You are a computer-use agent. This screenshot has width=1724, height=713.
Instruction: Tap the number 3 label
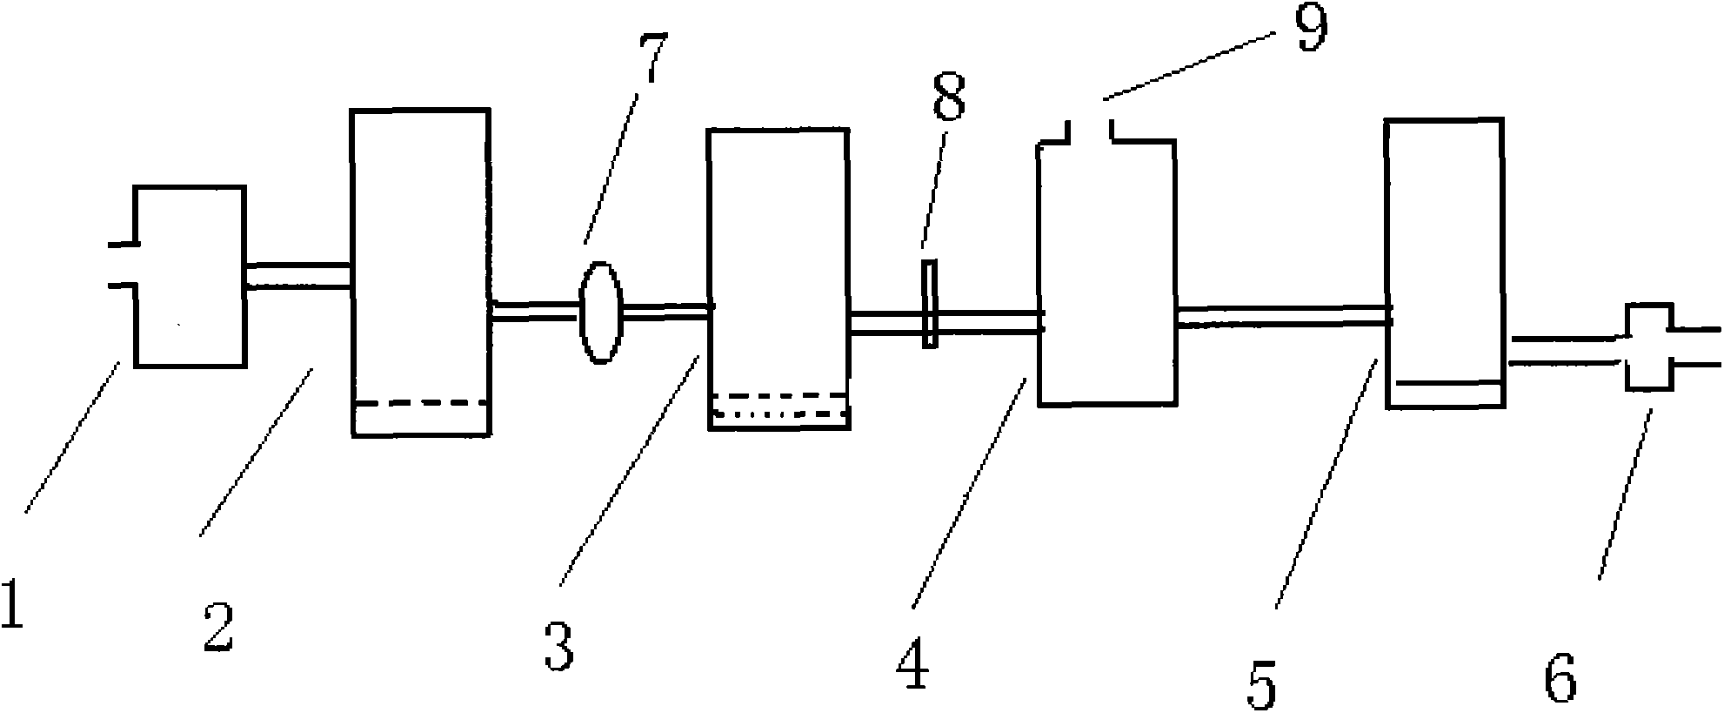tap(559, 642)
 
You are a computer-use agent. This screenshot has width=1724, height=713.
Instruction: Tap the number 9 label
tap(1310, 28)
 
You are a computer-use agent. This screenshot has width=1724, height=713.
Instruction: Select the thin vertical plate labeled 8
tap(930, 304)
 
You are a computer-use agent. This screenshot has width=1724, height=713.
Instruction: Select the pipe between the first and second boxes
tap(297, 276)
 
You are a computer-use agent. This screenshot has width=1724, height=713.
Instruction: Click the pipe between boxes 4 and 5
tap(1283, 316)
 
